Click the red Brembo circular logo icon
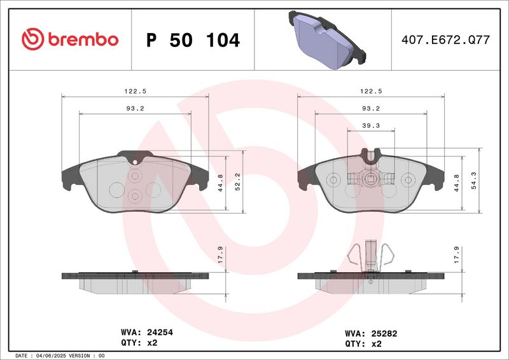pyautogui.click(x=33, y=39)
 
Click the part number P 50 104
pyautogui.click(x=193, y=40)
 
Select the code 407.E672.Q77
pyautogui.click(x=445, y=39)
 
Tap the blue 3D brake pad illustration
pyautogui.click(x=327, y=40)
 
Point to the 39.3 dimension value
pyautogui.click(x=371, y=126)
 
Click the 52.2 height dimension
pyautogui.click(x=237, y=182)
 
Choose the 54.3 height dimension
pyautogui.click(x=473, y=181)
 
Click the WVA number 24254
pyautogui.click(x=160, y=332)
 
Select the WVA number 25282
pyautogui.click(x=384, y=333)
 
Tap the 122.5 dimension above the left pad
pyautogui.click(x=135, y=91)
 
